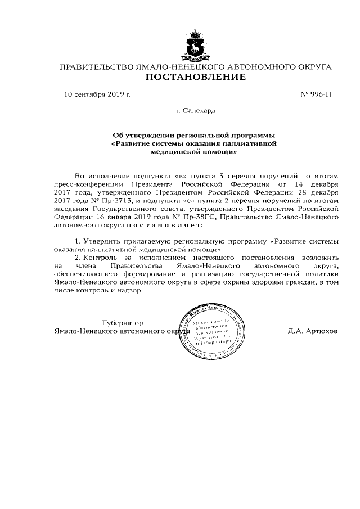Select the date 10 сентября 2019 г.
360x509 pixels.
click(97, 94)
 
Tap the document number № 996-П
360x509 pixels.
click(316, 94)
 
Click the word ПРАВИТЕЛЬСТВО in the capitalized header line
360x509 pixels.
click(95, 67)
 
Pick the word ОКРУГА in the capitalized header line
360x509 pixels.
click(312, 67)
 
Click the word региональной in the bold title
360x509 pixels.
click(208, 135)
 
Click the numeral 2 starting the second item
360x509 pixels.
click(77, 257)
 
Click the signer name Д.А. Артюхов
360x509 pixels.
click(312, 331)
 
